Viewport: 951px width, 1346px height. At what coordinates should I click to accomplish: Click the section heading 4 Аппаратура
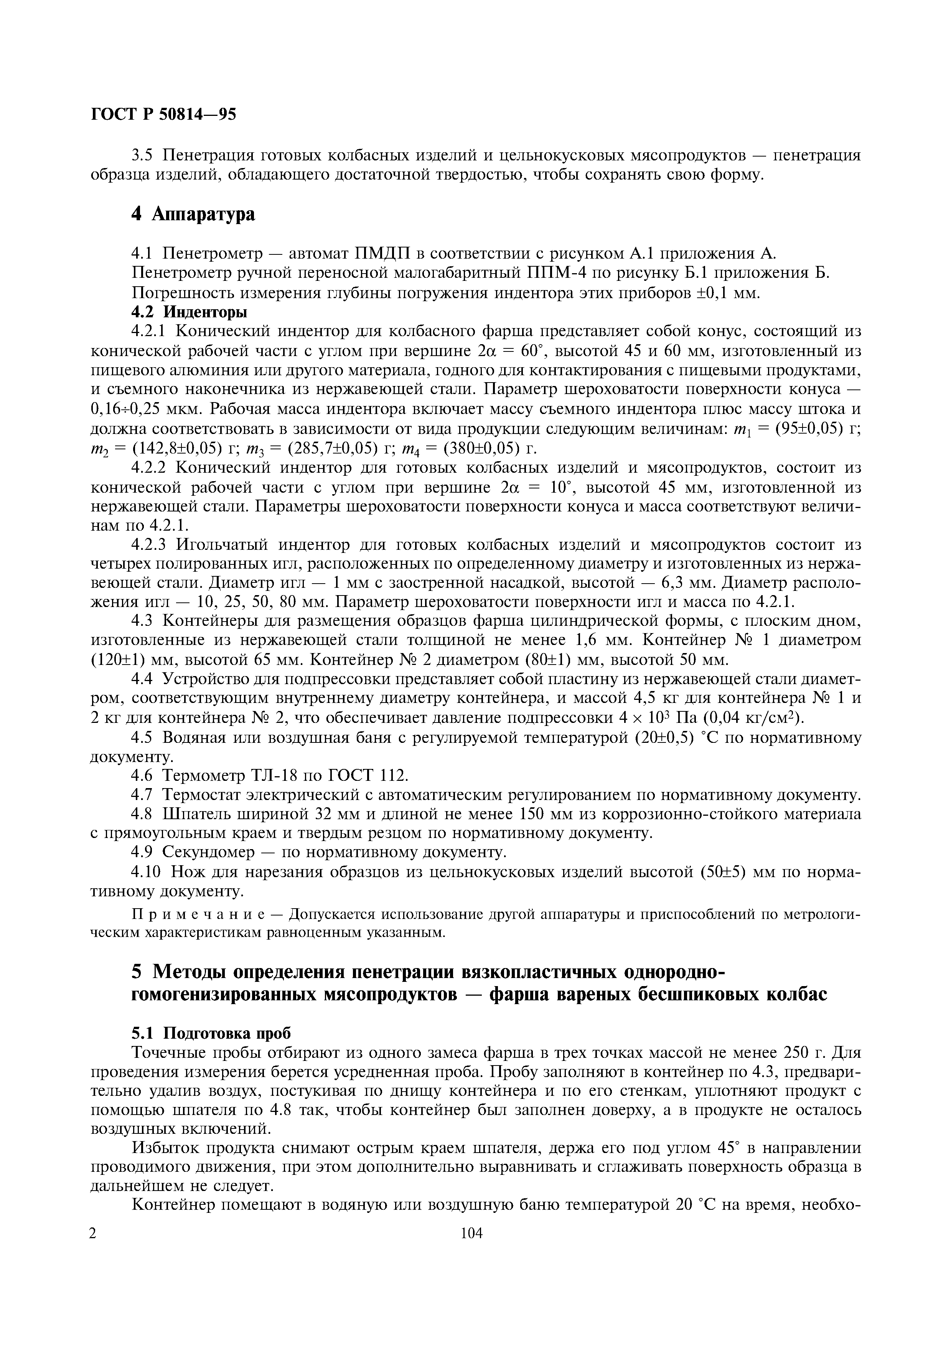[x=193, y=214]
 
